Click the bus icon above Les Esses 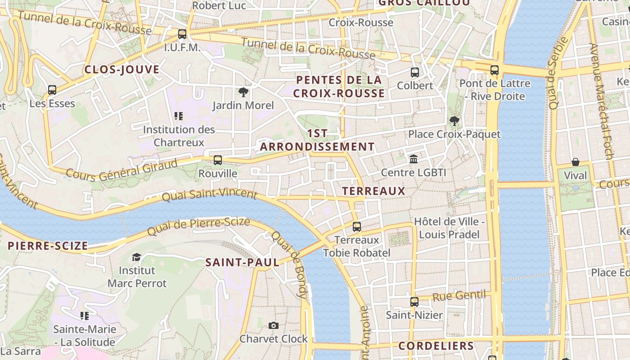coord(52,90)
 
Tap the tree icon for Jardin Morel coord(243,92)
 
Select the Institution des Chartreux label coord(179,136)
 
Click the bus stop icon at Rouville coord(218,160)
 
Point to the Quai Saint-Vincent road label coord(209,195)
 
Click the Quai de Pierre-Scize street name coord(198,226)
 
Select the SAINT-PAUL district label coord(242,263)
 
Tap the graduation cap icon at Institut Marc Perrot coord(136,257)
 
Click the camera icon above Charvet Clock coord(273,325)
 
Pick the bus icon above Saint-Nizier coord(414,301)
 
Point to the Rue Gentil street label coord(459,296)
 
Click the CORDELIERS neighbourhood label coord(436,346)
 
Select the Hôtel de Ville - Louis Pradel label coord(449,228)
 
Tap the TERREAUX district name coord(373,191)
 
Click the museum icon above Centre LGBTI coord(414,159)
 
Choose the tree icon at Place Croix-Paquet coord(454,121)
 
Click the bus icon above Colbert coord(415,72)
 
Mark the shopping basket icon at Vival coord(575,162)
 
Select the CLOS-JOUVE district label coord(122,70)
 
